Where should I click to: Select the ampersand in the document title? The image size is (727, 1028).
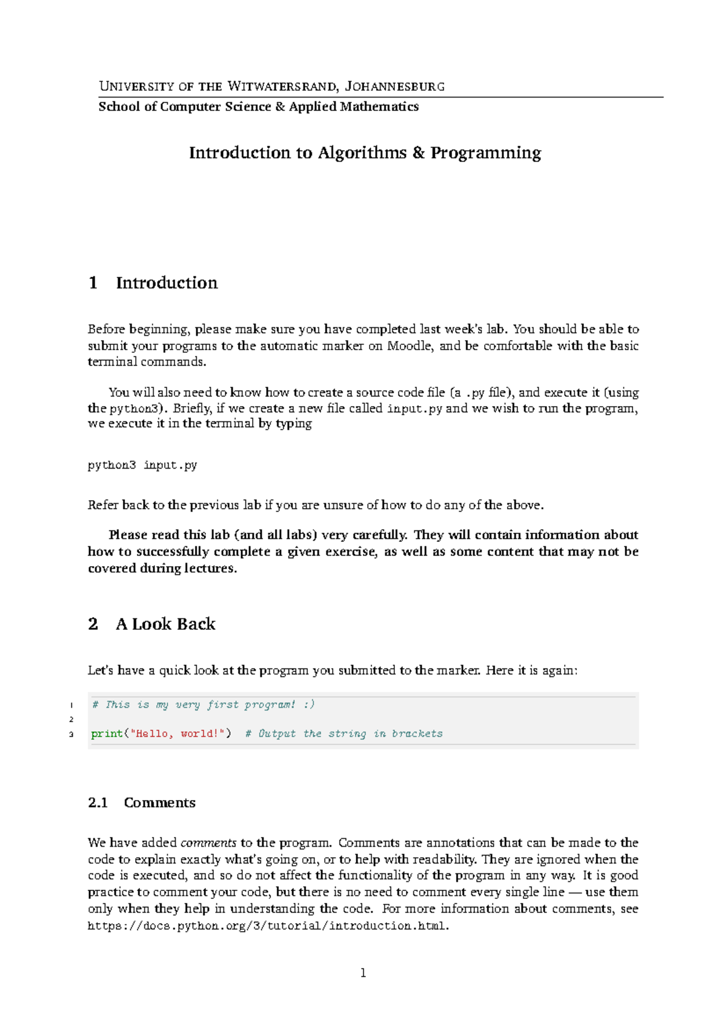[x=419, y=153]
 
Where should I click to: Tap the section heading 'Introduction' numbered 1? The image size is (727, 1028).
[x=167, y=282]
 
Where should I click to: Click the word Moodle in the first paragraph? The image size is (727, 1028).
[x=409, y=345]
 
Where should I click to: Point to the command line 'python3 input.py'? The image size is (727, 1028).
[x=142, y=465]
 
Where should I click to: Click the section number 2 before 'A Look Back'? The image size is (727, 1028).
[x=93, y=624]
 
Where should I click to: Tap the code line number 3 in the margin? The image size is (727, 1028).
[x=71, y=734]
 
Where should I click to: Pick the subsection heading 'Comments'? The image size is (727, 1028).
[x=159, y=803]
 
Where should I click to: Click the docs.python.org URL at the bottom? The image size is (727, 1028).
[x=267, y=926]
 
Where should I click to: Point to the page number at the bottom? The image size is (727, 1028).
[x=363, y=973]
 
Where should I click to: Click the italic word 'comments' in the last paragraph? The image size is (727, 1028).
[x=208, y=843]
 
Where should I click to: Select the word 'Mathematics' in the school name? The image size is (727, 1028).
[x=379, y=107]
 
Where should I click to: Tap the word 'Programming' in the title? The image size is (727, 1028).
[x=486, y=153]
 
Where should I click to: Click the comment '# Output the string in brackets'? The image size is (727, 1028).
[x=344, y=733]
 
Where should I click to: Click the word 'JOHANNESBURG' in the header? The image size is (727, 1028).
[x=394, y=86]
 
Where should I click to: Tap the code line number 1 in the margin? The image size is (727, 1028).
[x=71, y=705]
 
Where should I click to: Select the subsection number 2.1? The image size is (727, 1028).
[x=98, y=803]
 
